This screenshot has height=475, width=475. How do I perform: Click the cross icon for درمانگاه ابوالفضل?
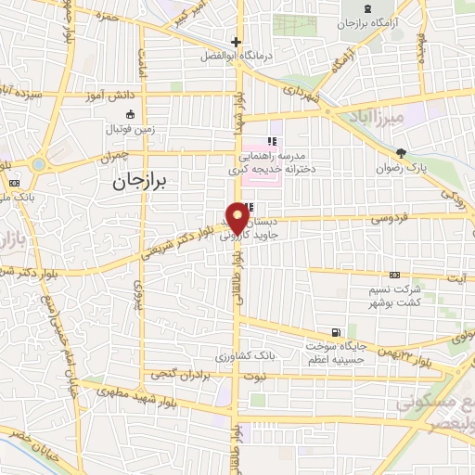[x=237, y=42]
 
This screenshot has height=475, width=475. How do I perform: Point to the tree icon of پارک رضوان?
[x=401, y=153]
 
